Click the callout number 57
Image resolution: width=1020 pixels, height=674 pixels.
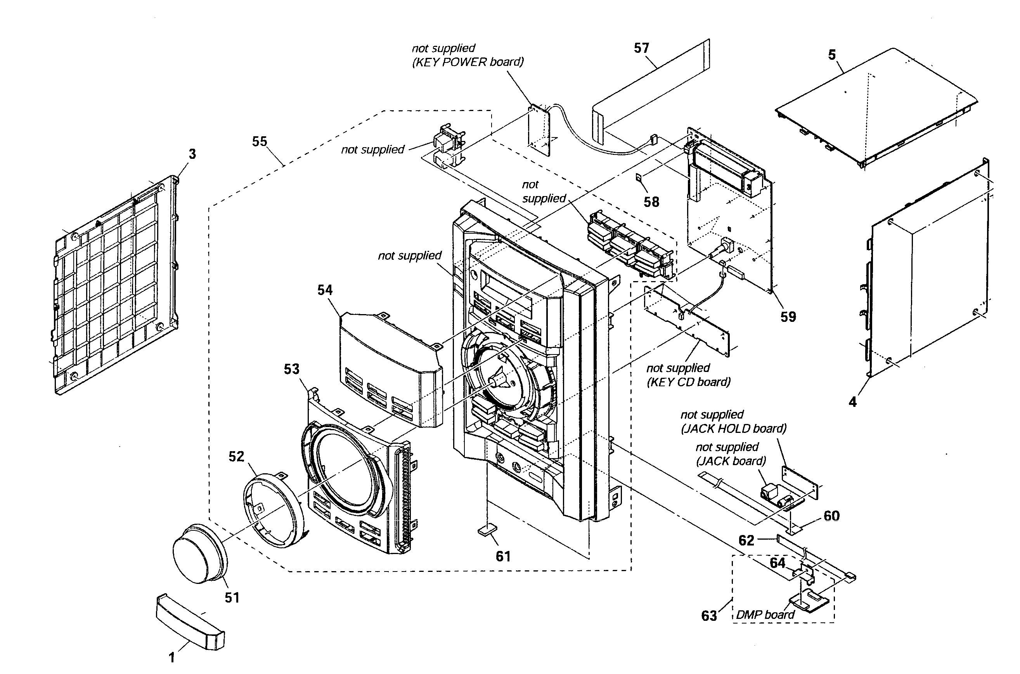click(641, 48)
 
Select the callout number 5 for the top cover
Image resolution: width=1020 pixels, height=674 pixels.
click(832, 55)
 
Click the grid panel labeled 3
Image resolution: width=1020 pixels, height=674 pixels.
click(116, 286)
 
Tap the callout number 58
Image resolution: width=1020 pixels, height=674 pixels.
click(651, 202)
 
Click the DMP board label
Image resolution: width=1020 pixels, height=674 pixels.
click(765, 615)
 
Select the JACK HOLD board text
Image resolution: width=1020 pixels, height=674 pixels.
click(734, 429)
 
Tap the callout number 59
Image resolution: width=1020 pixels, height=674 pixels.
click(788, 317)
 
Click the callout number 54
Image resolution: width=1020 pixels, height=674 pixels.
click(325, 290)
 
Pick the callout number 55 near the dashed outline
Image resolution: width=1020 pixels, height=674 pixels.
click(260, 141)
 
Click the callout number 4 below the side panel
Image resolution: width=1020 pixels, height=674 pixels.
click(852, 402)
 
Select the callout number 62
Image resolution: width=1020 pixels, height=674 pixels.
click(746, 540)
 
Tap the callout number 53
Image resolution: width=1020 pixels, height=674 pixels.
click(292, 369)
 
